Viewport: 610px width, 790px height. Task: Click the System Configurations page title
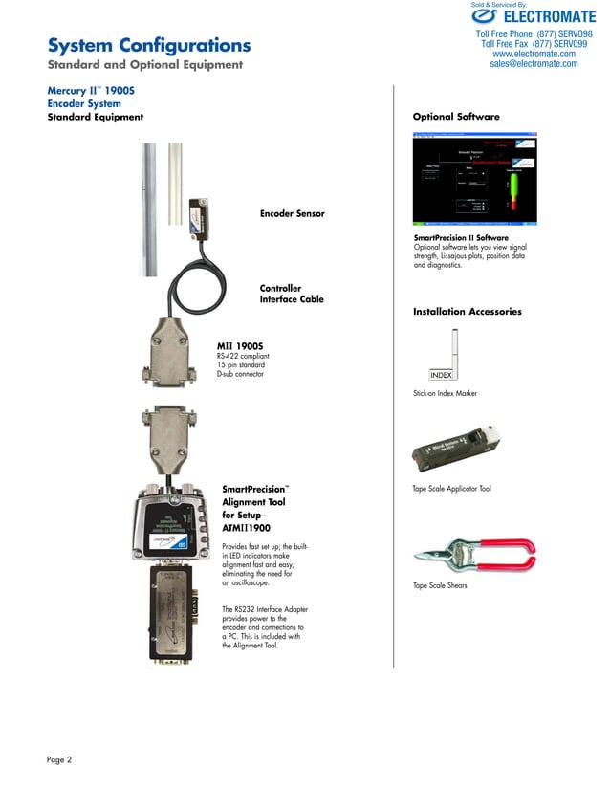tap(149, 46)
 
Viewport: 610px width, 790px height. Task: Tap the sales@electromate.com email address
tap(533, 64)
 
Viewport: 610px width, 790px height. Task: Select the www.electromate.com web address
tap(534, 54)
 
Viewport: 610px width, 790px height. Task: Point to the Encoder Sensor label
tap(292, 213)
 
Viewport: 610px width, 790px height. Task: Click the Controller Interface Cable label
tap(292, 294)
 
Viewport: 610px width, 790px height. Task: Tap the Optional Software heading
tap(456, 117)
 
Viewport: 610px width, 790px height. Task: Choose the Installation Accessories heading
tap(467, 312)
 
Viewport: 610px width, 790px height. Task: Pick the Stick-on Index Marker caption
tap(445, 394)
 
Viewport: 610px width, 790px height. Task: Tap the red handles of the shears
tap(507, 552)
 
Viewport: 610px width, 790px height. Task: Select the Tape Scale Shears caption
tap(440, 585)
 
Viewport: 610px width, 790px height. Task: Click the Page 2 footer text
tap(59, 760)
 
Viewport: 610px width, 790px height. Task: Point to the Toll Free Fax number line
tap(534, 44)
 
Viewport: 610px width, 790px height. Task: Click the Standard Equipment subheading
tap(96, 117)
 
